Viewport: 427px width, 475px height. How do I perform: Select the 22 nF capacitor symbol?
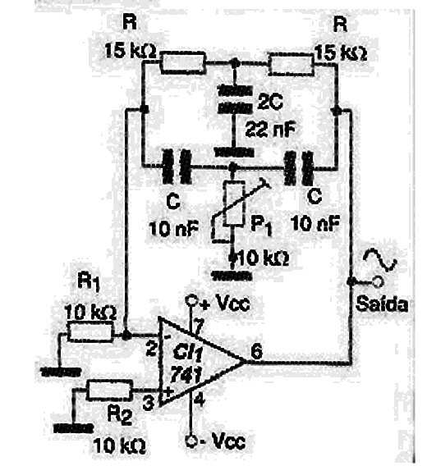tap(234, 99)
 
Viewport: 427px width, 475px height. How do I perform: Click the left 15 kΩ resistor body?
tap(182, 62)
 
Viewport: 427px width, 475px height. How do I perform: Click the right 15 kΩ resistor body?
tap(291, 64)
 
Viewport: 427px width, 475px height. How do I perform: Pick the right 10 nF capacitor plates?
tap(298, 167)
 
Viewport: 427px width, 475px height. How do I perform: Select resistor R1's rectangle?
tap(90, 331)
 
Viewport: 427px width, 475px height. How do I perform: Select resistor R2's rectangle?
tap(110, 390)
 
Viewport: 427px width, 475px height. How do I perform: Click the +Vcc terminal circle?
tap(191, 301)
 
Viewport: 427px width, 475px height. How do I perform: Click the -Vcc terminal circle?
tap(191, 441)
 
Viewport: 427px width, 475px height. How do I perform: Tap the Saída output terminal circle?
tap(377, 282)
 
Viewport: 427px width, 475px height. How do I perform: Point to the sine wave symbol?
tap(380, 260)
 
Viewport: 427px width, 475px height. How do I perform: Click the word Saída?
tap(382, 304)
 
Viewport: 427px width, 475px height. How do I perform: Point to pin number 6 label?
tap(256, 352)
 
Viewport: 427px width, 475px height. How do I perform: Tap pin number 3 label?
tap(149, 403)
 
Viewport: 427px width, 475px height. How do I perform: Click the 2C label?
tap(270, 102)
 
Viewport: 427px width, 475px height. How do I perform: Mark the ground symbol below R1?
tap(61, 371)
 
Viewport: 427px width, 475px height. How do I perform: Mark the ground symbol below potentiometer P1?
tap(232, 276)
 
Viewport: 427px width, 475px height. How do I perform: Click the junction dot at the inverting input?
tap(126, 335)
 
